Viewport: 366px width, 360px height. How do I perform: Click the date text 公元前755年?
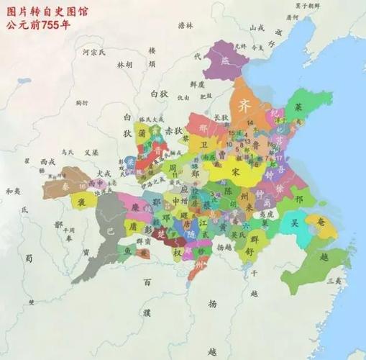pos(41,23)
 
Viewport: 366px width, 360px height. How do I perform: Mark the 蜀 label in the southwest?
pos(29,258)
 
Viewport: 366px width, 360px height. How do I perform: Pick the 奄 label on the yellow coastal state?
pos(321,224)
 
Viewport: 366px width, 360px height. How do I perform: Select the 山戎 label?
pos(256,28)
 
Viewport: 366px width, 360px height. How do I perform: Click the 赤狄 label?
pos(175,131)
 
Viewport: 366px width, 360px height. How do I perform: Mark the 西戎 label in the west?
pos(47,161)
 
